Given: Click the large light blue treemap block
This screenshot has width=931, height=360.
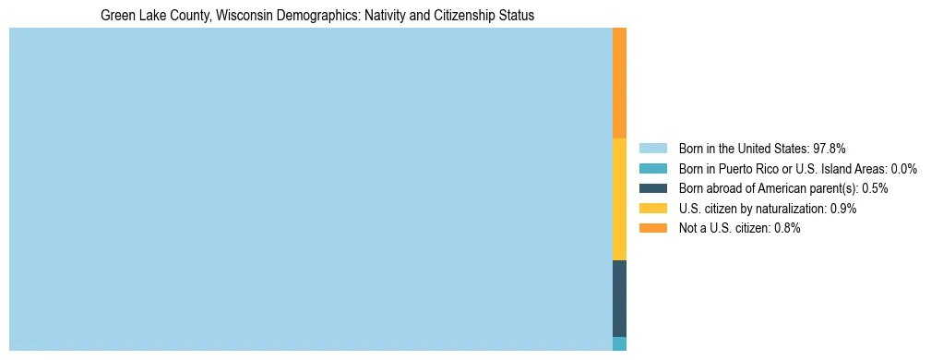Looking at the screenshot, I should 310,189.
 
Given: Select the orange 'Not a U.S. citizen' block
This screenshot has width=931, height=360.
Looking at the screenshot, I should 619,83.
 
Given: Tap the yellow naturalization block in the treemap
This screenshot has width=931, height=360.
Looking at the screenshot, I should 619,199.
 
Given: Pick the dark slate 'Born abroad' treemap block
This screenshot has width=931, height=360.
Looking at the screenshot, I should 619,298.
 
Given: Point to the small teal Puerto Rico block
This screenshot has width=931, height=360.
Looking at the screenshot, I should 619,343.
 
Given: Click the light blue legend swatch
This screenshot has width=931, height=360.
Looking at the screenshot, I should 652,148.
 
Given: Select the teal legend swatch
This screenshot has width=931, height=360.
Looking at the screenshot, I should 652,168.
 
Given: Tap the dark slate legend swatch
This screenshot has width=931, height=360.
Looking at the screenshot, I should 652,188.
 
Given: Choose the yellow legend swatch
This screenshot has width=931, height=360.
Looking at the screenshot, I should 652,209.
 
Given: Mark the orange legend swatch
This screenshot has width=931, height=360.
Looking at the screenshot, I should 652,228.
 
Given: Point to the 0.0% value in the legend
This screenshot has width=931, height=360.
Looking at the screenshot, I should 903,168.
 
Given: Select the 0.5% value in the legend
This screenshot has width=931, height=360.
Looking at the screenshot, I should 875,188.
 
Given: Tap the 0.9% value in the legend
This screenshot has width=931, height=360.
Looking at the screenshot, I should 842,209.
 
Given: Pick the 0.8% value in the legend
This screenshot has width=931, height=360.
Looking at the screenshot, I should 786,229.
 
